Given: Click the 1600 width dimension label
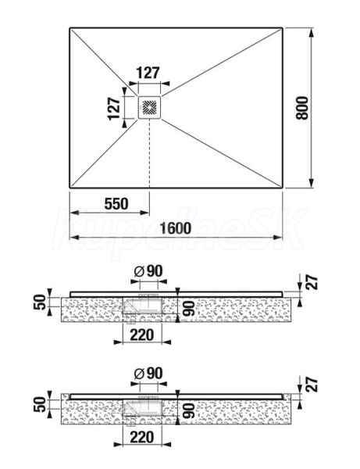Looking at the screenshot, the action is pyautogui.click(x=176, y=228).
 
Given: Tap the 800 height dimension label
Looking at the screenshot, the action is pyautogui.click(x=302, y=108).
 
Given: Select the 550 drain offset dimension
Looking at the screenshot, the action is pyautogui.click(x=116, y=204).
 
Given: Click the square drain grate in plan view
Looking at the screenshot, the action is pyautogui.click(x=149, y=108).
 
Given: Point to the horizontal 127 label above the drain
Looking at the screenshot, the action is pyautogui.click(x=148, y=73).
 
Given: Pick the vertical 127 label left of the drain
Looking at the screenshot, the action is pyautogui.click(x=114, y=109).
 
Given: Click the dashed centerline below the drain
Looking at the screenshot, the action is pyautogui.click(x=149, y=153).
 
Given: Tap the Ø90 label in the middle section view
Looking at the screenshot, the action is pyautogui.click(x=148, y=271).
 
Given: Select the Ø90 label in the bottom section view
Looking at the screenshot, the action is pyautogui.click(x=148, y=374).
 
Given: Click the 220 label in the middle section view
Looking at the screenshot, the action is pyautogui.click(x=142, y=335).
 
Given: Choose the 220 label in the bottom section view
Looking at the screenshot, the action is pyautogui.click(x=142, y=437).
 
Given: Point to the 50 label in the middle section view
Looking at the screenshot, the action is pyautogui.click(x=41, y=302).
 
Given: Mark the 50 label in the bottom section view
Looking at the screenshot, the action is pyautogui.click(x=41, y=404).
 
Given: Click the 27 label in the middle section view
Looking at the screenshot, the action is pyautogui.click(x=312, y=282).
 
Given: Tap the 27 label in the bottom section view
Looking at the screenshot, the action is pyautogui.click(x=312, y=385).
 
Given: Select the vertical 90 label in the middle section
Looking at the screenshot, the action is pyautogui.click(x=189, y=309).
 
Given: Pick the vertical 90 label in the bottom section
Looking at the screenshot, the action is pyautogui.click(x=189, y=411).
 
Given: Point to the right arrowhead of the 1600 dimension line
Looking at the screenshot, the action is pyautogui.click(x=278, y=238).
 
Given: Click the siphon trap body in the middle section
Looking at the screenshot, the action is pyautogui.click(x=142, y=306).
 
